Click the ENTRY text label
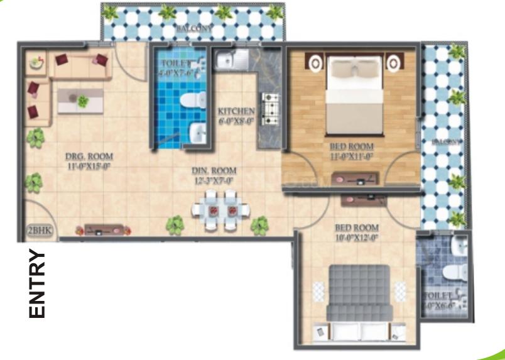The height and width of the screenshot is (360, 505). (38, 284)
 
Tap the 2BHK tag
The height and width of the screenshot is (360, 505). (39, 231)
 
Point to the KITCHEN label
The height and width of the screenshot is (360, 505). (236, 117)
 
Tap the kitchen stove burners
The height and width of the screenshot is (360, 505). (271, 109)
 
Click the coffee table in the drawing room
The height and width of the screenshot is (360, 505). (80, 100)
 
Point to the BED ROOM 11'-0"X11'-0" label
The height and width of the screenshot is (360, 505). (352, 152)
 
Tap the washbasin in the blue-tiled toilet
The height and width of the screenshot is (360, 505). (197, 133)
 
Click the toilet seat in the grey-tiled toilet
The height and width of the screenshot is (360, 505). (453, 271)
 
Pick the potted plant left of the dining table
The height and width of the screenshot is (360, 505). (175, 224)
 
